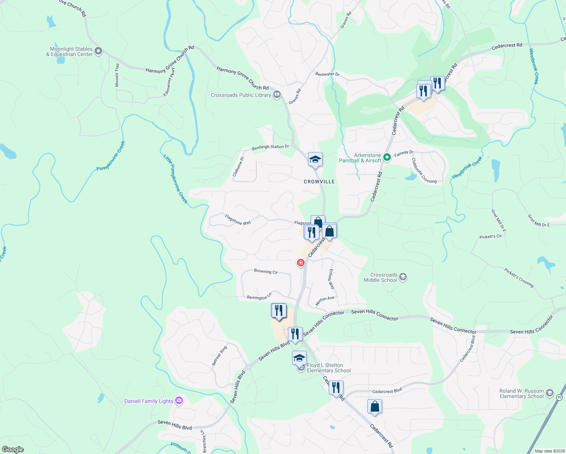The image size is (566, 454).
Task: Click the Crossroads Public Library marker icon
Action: click(x=277, y=95)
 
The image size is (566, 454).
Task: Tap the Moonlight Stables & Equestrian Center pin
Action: click(x=98, y=51)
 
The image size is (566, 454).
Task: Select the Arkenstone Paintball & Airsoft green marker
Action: click(x=387, y=157)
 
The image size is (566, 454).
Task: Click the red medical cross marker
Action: click(x=301, y=263)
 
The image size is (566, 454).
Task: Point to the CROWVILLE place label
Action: click(x=319, y=182)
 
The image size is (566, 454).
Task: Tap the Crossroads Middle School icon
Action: click(x=403, y=277)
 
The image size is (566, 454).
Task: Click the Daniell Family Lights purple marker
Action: click(x=179, y=401)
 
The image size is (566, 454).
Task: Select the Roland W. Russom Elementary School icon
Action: click(x=550, y=393)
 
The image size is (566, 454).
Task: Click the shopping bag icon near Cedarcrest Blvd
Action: click(x=375, y=407)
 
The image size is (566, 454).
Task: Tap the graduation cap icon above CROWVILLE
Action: click(x=315, y=160)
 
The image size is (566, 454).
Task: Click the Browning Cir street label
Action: click(x=266, y=271)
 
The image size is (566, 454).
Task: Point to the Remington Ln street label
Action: click(x=259, y=297)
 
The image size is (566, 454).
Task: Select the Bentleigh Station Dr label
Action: click(x=270, y=147)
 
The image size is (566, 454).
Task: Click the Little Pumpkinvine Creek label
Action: click(x=175, y=179)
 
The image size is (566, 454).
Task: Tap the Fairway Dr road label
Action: click(x=404, y=153)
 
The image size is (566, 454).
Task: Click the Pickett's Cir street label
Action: click(x=490, y=236)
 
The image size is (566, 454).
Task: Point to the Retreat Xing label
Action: click(x=219, y=356)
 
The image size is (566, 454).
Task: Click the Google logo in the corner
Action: click(x=13, y=449)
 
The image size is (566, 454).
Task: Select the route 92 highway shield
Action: click(x=559, y=397)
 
